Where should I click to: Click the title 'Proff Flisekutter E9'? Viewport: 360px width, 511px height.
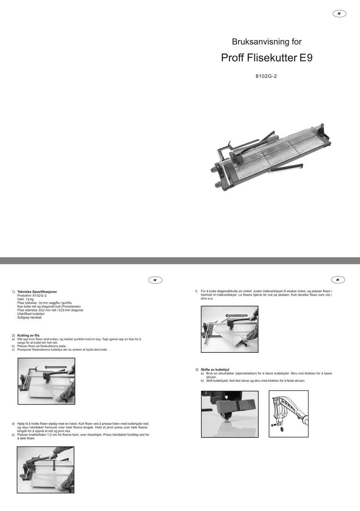point(267,58)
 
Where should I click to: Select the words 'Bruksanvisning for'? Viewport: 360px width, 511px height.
point(267,42)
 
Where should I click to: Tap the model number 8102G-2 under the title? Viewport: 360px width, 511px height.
point(266,76)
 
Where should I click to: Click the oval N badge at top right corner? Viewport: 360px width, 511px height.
point(339,13)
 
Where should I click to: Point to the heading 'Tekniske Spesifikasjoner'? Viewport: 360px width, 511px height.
point(37,292)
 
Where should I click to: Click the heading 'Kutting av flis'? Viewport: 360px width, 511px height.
point(28,336)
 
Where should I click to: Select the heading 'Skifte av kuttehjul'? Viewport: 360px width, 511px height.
point(215,370)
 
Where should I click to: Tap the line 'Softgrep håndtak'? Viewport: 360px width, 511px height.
point(30,318)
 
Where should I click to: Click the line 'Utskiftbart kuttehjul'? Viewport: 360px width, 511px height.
point(31,314)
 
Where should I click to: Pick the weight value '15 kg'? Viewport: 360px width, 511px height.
point(30,299)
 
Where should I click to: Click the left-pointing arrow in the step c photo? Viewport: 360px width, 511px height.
point(55,367)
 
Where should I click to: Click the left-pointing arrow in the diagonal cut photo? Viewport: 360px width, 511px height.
point(237,316)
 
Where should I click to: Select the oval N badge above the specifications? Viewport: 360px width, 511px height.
point(155,280)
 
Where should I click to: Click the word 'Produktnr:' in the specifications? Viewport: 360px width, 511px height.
point(25,295)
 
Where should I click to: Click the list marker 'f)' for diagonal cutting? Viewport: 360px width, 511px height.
point(196,291)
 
